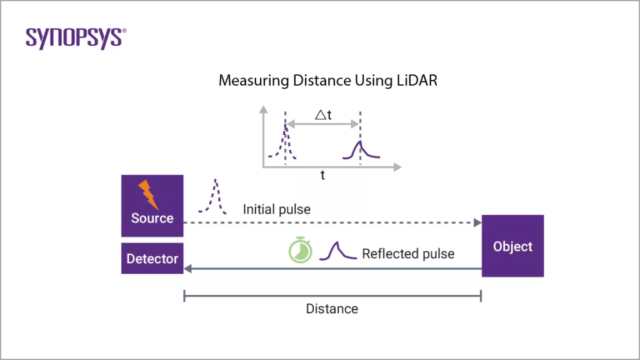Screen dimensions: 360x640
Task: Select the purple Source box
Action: click(x=152, y=206)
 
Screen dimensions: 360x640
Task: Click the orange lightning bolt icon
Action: click(x=148, y=194)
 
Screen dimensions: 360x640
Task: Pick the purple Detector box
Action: click(x=152, y=259)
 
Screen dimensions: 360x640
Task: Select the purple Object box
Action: click(x=512, y=246)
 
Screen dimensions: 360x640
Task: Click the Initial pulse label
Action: click(x=276, y=209)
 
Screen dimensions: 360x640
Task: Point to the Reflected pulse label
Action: click(x=407, y=254)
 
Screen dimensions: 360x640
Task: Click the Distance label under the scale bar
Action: click(x=332, y=309)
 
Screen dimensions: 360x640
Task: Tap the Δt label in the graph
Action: click(x=322, y=115)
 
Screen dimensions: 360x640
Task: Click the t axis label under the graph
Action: click(x=322, y=176)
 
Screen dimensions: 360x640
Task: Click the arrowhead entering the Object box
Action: click(x=477, y=222)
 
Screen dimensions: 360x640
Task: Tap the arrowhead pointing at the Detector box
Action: click(x=187, y=269)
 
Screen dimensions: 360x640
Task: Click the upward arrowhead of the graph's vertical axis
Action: click(x=264, y=109)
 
